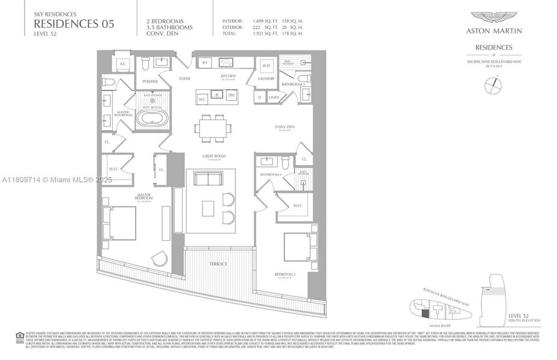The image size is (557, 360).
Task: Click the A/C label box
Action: pyautogui.click(x=123, y=64)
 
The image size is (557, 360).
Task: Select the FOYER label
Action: pyautogui.click(x=185, y=79)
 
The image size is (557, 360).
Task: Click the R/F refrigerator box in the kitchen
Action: pyautogui.click(x=204, y=62)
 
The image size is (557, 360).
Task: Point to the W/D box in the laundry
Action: pyautogui.click(x=266, y=65)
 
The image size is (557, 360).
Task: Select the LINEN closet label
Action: pyautogui.click(x=274, y=97)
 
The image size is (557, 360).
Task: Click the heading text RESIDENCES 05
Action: pyautogui.click(x=74, y=24)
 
